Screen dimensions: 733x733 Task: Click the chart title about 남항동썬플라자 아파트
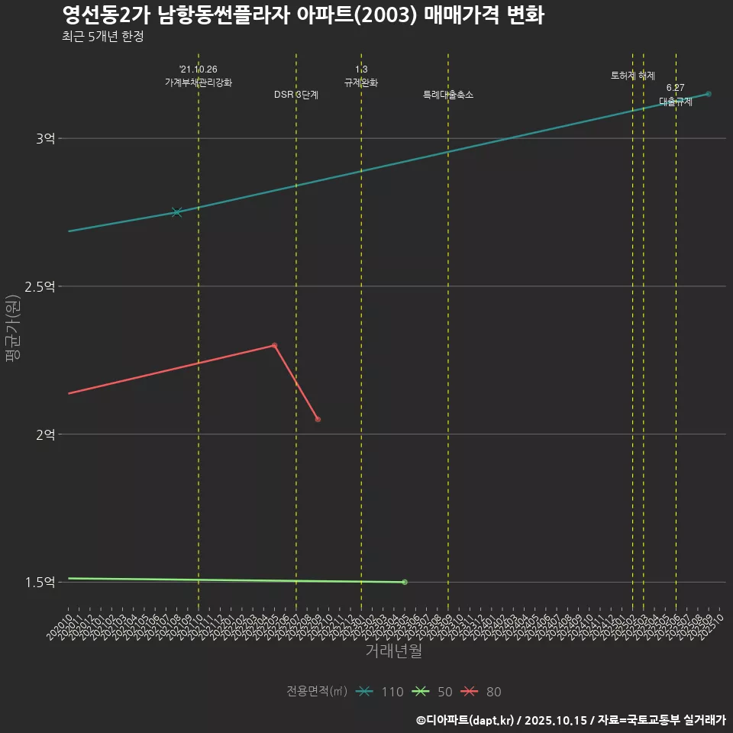coord(302,15)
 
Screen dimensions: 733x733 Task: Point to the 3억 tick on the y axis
coord(45,138)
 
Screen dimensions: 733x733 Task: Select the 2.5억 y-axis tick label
coord(40,286)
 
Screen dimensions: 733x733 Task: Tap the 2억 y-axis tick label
coord(45,434)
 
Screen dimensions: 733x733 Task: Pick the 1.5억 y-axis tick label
coord(40,582)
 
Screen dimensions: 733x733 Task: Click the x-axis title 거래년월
coord(393,651)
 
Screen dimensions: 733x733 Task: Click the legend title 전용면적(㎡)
coord(316,692)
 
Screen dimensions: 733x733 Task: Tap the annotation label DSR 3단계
coord(296,95)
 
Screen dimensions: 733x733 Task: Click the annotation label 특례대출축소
coord(448,95)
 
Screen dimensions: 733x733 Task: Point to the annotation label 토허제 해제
coord(633,76)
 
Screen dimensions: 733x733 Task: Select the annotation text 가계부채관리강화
coord(199,82)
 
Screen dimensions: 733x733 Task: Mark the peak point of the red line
coord(274,345)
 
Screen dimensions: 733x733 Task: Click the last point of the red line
coord(318,419)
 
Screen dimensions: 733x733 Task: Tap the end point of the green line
coord(405,582)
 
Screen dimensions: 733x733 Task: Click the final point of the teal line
coord(709,94)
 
